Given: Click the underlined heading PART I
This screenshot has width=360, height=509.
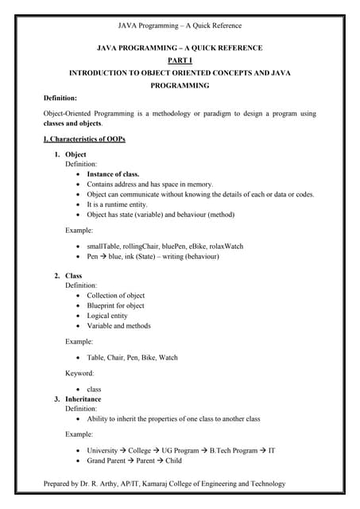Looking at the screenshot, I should (x=179, y=60).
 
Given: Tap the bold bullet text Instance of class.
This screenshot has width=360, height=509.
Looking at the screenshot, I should (x=113, y=173).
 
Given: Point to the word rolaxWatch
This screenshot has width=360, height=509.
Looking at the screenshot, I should (x=224, y=247).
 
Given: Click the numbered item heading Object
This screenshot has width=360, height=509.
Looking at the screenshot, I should (x=75, y=154).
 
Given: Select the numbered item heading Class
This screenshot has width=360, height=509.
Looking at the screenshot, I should (x=73, y=276).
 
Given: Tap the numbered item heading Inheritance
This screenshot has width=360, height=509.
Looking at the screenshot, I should (x=83, y=399).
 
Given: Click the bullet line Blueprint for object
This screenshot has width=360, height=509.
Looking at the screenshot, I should (x=115, y=305).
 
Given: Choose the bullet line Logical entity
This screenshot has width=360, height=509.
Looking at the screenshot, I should (x=107, y=316).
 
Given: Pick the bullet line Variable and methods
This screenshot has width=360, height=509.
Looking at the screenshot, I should (x=118, y=326).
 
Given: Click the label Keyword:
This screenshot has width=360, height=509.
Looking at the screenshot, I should (x=79, y=373).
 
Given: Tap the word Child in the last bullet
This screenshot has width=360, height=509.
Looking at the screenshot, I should (x=173, y=460).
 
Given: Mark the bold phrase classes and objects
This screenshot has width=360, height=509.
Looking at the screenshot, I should (x=72, y=124).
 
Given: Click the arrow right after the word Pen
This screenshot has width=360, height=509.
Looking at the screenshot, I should (x=104, y=257).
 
